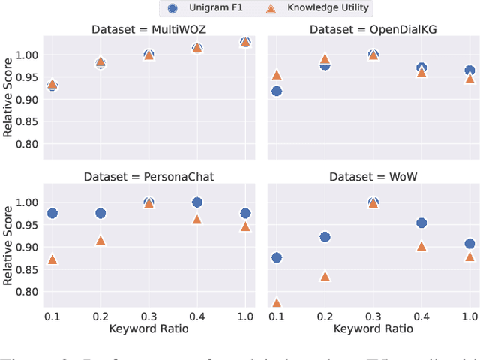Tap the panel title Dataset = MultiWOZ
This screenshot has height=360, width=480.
[x=148, y=29]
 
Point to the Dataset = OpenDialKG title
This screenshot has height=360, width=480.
[x=373, y=29]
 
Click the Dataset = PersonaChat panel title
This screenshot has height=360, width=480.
[x=148, y=176]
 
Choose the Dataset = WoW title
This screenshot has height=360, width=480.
[x=373, y=176]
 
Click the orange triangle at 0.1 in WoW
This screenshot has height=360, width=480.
[x=277, y=303]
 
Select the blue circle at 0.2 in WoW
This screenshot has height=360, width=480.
[x=325, y=237]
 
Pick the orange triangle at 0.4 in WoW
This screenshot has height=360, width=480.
[x=421, y=246]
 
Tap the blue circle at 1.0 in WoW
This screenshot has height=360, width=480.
[x=469, y=244]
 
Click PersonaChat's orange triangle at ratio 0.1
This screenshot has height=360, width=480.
[x=52, y=259]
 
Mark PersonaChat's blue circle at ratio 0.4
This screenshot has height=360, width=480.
[x=197, y=202]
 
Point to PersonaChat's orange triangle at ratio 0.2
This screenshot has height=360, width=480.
[x=100, y=240]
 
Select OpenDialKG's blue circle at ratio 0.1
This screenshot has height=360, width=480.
[x=277, y=91]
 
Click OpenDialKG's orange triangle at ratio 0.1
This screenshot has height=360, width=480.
[x=277, y=74]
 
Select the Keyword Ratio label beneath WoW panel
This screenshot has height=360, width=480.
[x=373, y=328]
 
